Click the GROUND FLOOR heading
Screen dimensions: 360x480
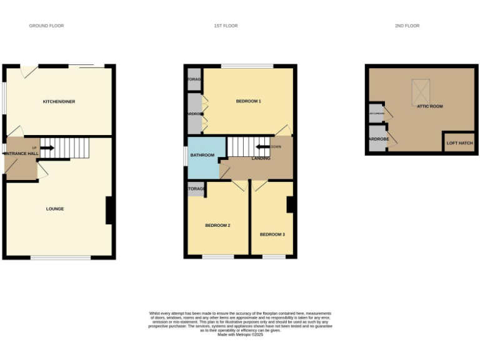pos(46,26)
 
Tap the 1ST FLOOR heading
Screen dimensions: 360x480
pos(226,26)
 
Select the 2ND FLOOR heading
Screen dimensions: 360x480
pos(407,26)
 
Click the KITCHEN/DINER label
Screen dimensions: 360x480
pos(59,101)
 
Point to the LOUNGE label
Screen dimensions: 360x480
pos(55,209)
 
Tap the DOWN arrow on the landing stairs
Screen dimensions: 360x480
pos(262,147)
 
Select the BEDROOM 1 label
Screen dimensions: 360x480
pos(248,101)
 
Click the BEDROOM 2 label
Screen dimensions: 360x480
pos(218,225)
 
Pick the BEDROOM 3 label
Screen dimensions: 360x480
pos(272,234)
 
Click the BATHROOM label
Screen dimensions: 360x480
pos(202,155)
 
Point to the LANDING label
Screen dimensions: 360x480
pos(261,158)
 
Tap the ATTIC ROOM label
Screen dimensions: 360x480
pos(430,106)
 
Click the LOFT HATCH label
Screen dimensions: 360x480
pos(459,143)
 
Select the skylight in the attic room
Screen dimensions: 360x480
pos(420,92)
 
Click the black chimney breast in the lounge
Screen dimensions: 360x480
pos(109,211)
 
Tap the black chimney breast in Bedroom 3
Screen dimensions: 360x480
pos(291,205)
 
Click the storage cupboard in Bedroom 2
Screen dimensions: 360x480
pos(196,189)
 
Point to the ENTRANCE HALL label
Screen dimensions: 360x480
pos(21,153)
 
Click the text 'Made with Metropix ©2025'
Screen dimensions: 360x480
pos(240,334)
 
